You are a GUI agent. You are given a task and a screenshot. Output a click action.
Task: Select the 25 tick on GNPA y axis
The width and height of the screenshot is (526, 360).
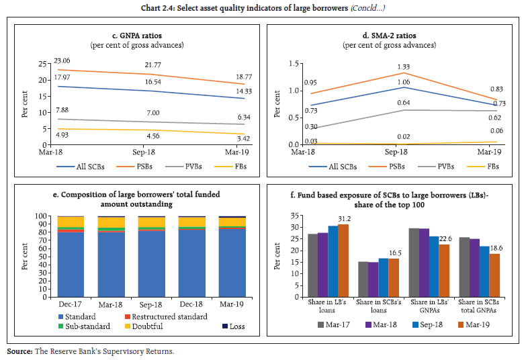coord(41,63)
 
